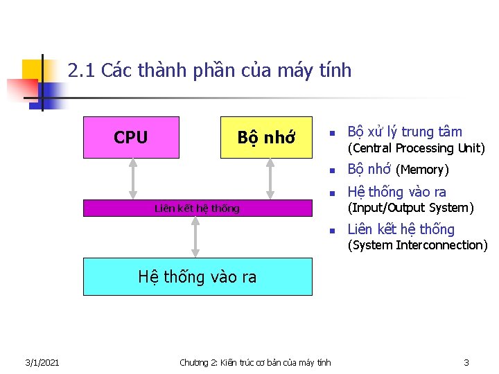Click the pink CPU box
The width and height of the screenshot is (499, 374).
pyautogui.click(x=131, y=137)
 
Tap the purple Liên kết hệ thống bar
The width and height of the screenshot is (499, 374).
pyautogui.click(x=198, y=208)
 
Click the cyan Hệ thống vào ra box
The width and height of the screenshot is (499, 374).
pyautogui.click(x=198, y=277)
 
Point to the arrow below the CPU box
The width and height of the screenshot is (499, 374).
pyautogui.click(x=133, y=179)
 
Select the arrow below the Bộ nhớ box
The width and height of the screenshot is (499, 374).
pyautogui.click(x=270, y=179)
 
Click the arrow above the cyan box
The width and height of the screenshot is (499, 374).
pyautogui.click(x=196, y=237)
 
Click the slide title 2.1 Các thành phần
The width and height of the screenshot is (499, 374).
pyautogui.click(x=210, y=71)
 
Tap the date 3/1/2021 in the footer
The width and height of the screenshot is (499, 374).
pyautogui.click(x=42, y=362)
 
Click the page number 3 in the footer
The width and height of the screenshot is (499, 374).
pyautogui.click(x=466, y=362)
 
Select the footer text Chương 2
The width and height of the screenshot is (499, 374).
pyautogui.click(x=255, y=362)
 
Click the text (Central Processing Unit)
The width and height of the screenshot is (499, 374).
pyautogui.click(x=416, y=148)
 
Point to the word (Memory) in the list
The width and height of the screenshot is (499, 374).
pyautogui.click(x=422, y=170)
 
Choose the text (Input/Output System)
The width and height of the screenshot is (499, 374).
pyautogui.click(x=410, y=208)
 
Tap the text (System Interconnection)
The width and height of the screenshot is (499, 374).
pyautogui.click(x=417, y=245)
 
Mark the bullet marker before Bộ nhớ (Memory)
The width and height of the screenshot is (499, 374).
pyautogui.click(x=333, y=170)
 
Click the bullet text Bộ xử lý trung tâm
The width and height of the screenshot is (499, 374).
pyautogui.click(x=405, y=132)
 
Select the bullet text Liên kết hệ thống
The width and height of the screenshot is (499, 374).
pyautogui.click(x=401, y=229)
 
